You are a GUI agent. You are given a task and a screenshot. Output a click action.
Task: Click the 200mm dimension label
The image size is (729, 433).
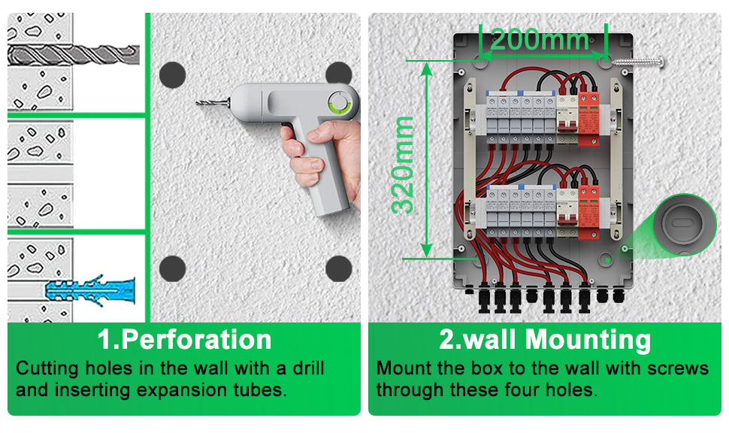(x=540, y=40)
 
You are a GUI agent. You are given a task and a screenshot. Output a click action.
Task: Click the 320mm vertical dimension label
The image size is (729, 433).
(x=403, y=165)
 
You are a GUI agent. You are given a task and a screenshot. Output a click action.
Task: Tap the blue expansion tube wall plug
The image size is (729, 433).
(x=90, y=291)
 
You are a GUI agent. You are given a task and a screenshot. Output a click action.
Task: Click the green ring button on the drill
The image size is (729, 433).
(x=340, y=102)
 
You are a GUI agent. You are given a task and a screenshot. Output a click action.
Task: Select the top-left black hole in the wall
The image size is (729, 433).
(x=173, y=75)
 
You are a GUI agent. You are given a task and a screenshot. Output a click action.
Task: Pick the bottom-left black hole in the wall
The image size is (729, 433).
(x=173, y=268)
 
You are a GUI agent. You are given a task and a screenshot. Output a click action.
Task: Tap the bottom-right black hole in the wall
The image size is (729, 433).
(x=338, y=268)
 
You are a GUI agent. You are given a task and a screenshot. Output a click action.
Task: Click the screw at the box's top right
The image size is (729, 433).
(x=638, y=62)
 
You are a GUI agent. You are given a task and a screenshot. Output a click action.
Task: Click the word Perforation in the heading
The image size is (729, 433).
(x=196, y=340)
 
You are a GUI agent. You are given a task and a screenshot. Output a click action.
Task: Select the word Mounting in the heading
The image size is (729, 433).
(x=588, y=340)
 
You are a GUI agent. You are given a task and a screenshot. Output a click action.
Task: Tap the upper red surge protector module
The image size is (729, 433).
(x=588, y=119)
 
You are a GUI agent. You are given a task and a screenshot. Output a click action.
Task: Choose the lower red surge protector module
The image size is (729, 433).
(x=588, y=212)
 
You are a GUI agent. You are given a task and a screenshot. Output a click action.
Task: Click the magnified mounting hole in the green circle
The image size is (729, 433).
(x=682, y=225)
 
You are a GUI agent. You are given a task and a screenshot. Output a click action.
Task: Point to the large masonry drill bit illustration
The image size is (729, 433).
(x=74, y=55)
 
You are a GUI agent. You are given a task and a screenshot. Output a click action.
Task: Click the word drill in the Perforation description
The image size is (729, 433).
(x=308, y=368)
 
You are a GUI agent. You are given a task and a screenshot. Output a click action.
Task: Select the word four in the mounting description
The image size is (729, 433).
(x=522, y=389)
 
